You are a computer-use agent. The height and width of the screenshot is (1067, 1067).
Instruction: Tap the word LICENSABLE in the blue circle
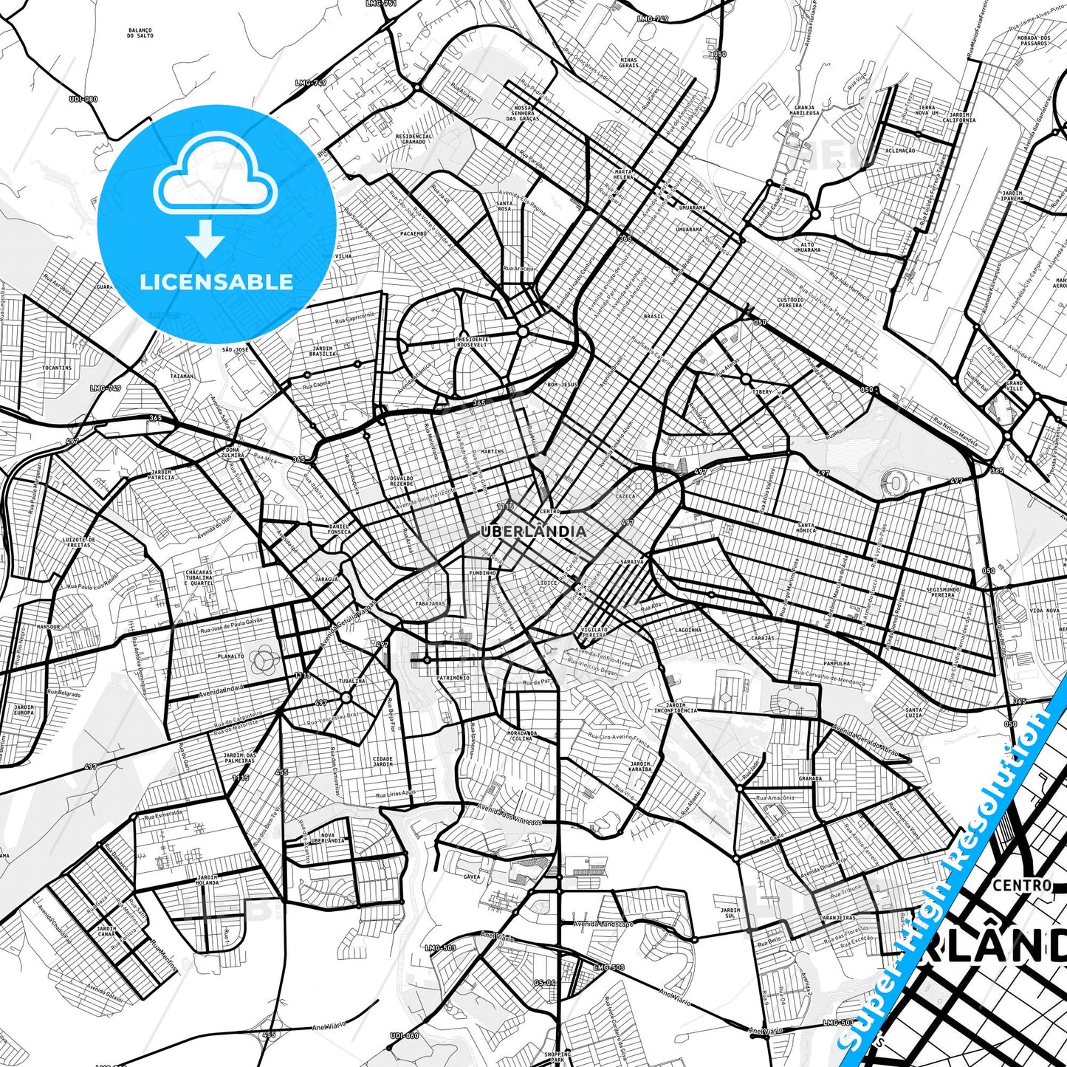(216, 282)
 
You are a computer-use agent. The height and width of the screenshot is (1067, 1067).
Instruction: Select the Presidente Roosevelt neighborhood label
(472, 342)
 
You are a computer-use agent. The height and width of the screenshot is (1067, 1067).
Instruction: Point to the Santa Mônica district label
(806, 529)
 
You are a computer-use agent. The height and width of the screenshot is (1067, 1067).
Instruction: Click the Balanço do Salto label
(140, 33)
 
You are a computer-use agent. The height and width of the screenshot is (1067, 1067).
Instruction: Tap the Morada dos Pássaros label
(1033, 41)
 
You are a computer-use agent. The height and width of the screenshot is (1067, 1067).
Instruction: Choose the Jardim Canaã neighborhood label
(106, 931)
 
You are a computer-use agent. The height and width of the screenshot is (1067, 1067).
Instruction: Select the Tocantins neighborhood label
(57, 368)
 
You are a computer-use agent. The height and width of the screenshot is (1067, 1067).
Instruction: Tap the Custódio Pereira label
(789, 303)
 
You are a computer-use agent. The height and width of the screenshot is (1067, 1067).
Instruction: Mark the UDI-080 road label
(83, 99)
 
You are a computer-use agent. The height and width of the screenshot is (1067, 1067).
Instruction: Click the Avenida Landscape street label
(604, 924)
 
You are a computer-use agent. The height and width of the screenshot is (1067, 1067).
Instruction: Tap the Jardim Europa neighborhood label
(23, 710)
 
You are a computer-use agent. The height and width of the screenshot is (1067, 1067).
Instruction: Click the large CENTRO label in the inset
(1022, 885)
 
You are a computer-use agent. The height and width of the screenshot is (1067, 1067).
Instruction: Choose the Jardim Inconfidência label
(675, 707)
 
